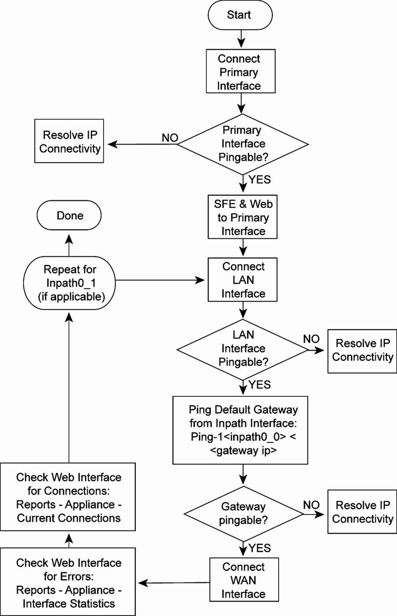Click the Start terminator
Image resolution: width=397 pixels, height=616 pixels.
(x=239, y=15)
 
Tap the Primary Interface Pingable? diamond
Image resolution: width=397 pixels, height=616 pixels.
(x=242, y=144)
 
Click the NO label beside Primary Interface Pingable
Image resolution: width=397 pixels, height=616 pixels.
(x=170, y=138)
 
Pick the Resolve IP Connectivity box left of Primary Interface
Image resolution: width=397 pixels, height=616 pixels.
(x=70, y=142)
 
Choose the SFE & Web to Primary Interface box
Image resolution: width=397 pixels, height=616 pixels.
(x=243, y=218)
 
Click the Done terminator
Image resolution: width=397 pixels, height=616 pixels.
(x=70, y=216)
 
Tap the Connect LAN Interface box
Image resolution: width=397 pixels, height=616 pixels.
(x=243, y=280)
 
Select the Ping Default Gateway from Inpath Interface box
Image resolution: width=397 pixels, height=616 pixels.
(x=240, y=430)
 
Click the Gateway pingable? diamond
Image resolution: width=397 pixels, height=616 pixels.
(x=243, y=513)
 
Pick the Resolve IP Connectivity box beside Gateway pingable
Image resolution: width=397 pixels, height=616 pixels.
(x=362, y=512)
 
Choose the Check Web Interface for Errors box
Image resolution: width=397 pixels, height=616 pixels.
(x=68, y=583)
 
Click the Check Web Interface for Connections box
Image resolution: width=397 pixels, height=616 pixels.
(x=68, y=498)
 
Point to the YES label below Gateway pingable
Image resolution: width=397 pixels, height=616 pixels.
(x=259, y=548)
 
